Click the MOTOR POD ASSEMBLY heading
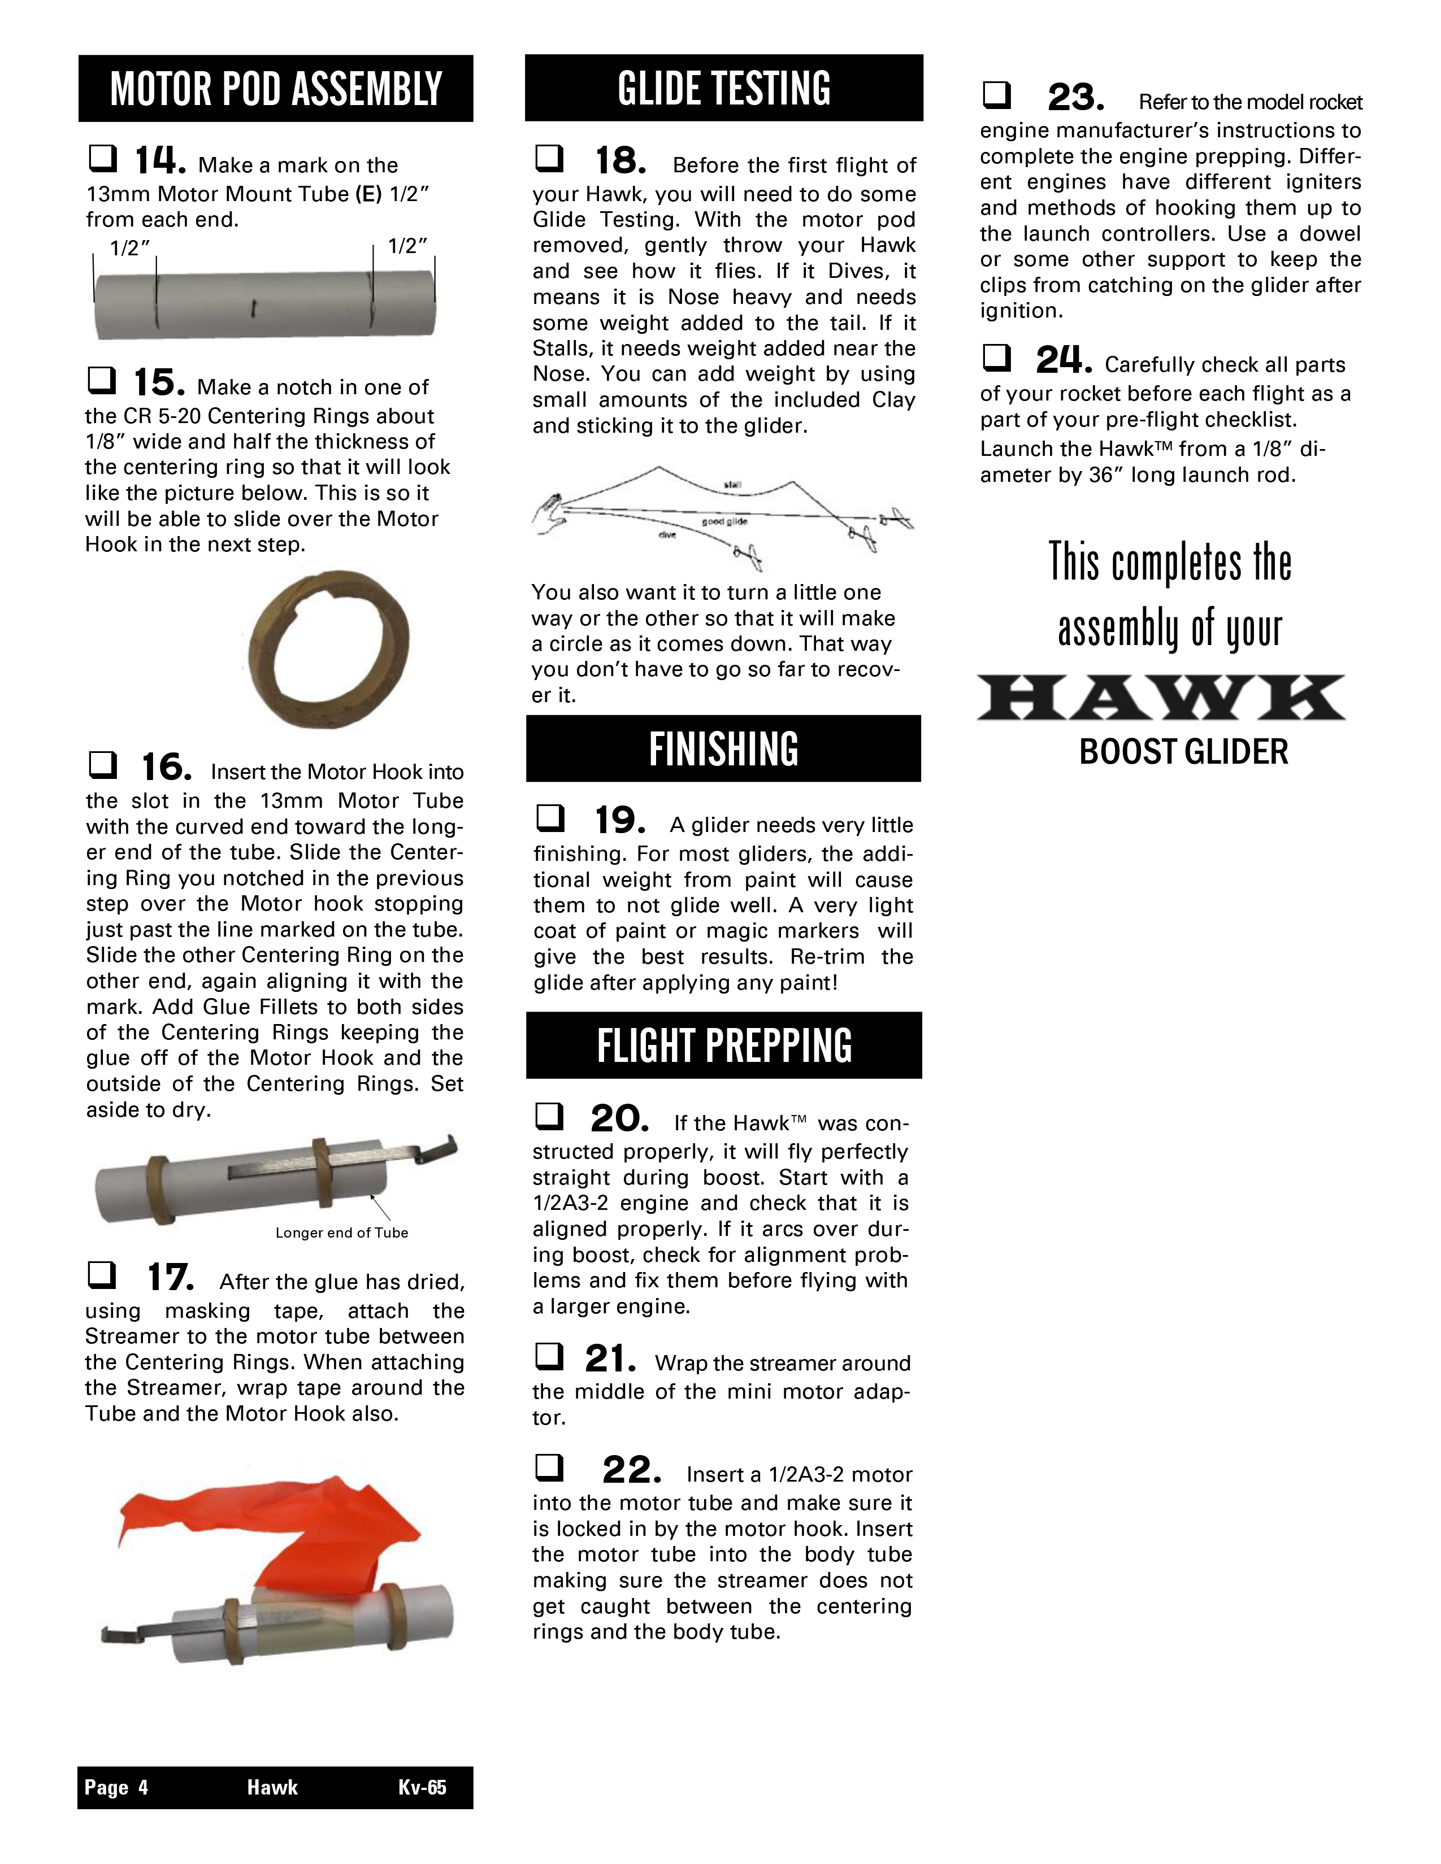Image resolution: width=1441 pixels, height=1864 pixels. coord(276,89)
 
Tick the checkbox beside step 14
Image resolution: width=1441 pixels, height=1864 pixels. coord(102,158)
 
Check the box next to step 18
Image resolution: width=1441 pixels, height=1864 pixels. coord(548,158)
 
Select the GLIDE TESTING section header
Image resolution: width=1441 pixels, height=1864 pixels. coord(724,88)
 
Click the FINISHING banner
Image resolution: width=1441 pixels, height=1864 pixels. coord(723,748)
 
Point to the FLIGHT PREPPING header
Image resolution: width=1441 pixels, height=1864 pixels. coord(724,1046)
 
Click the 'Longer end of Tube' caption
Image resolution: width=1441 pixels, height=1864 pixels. coord(341,1232)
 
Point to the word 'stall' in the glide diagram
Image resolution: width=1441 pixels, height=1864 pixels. coord(732,485)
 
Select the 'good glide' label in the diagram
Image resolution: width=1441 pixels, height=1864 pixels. coord(724,521)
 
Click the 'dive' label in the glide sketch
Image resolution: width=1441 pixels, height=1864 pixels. coord(667,535)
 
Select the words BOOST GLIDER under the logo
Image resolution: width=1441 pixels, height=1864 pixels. coord(1183,752)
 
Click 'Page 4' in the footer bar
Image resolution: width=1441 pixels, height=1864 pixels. coord(116,1787)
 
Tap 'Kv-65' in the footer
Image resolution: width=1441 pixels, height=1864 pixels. coord(422,1787)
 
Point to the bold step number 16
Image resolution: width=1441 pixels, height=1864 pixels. coord(167,767)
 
